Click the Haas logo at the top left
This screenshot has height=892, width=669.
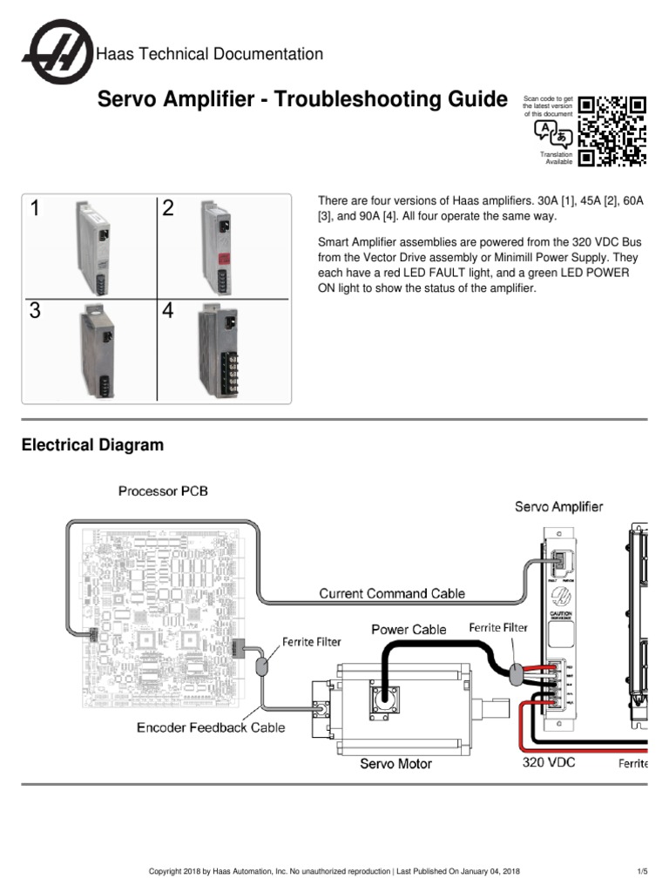(56, 53)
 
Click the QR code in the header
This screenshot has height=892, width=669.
(613, 131)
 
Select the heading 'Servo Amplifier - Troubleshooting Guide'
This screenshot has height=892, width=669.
(301, 99)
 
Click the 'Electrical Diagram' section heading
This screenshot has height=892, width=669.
(92, 445)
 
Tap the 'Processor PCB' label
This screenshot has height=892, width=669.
(163, 491)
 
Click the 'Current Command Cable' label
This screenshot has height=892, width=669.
(392, 593)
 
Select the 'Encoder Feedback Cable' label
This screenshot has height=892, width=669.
(211, 727)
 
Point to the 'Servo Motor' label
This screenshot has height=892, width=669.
(396, 763)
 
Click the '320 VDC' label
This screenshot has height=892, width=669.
(549, 761)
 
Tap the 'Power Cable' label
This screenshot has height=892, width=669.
(409, 629)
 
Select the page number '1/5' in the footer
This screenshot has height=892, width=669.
(642, 870)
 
